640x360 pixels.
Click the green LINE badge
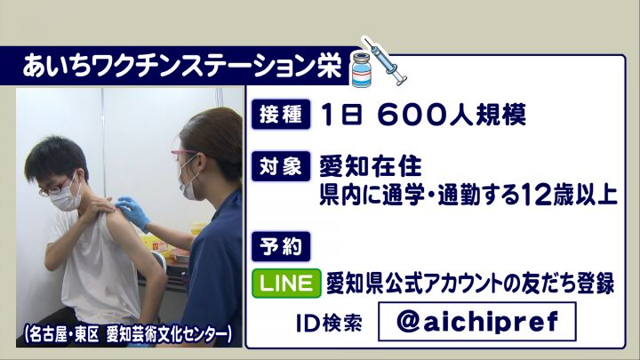coord(286,283)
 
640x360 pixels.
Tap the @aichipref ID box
coord(476,322)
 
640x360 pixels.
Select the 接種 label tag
coord(281,115)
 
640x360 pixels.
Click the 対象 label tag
coord(281,166)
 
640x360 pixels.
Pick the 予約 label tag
coord(281,246)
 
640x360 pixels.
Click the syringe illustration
coord(386,61)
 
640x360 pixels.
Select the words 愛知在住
coord(371,166)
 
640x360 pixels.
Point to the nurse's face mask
coord(188,184)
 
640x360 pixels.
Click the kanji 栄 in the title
coord(329,66)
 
